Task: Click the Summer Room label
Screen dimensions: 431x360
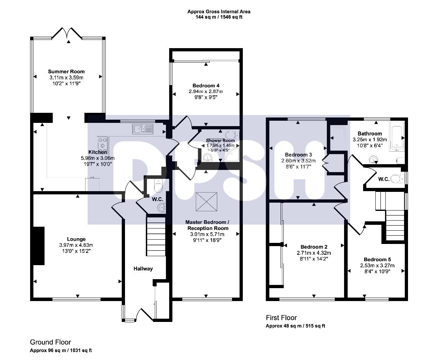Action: pos(66,71)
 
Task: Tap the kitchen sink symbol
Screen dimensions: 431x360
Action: pos(143,129)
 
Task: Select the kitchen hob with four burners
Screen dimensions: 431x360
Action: pos(103,144)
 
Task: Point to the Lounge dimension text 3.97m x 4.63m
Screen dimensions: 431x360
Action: pos(76,245)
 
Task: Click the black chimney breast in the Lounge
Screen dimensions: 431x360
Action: pos(39,246)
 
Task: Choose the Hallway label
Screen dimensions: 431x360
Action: pos(143,268)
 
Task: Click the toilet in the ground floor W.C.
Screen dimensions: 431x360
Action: pos(158,185)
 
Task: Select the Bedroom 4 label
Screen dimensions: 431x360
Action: pos(206,86)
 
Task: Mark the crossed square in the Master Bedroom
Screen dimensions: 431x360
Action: pos(207,202)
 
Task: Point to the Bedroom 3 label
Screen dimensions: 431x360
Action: pos(298,155)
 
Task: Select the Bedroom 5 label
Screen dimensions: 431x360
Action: pos(377,259)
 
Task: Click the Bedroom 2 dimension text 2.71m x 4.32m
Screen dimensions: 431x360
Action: pos(314,253)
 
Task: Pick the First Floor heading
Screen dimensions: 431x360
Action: pos(281,318)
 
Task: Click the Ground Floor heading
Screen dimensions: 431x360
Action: pos(50,342)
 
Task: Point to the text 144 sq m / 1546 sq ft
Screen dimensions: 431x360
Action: pos(219,17)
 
